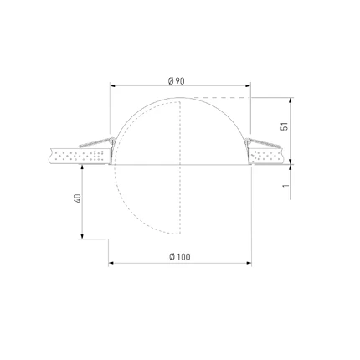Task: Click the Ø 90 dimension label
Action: (x=177, y=81)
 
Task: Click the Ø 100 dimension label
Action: (x=180, y=257)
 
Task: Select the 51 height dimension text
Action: (x=285, y=126)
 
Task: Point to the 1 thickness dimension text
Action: (x=285, y=186)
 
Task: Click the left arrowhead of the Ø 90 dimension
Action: (x=112, y=85)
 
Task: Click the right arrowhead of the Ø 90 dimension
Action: (x=248, y=85)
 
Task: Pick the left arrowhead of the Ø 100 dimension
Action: (x=111, y=263)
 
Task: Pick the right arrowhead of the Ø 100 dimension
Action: (x=249, y=263)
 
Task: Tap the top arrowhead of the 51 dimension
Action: (x=291, y=100)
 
